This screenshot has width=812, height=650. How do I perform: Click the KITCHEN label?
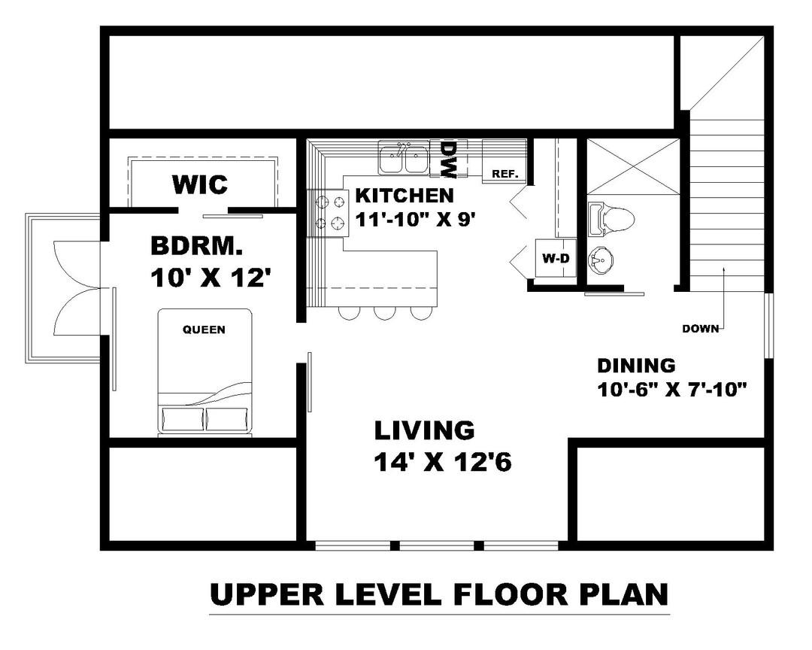(404, 196)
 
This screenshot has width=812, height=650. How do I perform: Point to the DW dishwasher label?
(448, 159)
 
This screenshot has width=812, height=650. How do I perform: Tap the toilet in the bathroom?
(613, 219)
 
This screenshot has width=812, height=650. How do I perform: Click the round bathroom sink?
(601, 262)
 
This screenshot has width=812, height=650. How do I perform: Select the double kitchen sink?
(404, 159)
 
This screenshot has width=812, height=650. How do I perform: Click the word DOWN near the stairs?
(700, 328)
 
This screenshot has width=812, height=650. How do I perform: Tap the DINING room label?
(636, 366)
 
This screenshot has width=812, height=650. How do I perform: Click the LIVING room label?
(425, 430)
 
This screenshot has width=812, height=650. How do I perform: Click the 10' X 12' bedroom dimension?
(211, 278)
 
